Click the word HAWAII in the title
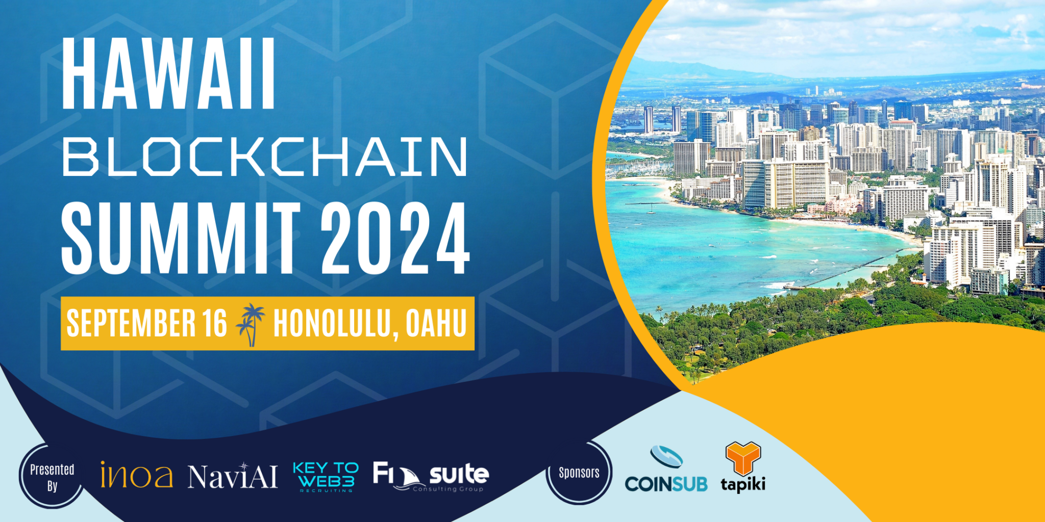point(168,74)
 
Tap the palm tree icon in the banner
point(251,324)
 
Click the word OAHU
point(436,323)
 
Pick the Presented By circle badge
point(52,477)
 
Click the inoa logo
point(136,475)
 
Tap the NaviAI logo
point(232,477)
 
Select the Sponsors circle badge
point(579,473)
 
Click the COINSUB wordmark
point(666,484)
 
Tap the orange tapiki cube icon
point(743,457)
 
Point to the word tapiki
point(743,484)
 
